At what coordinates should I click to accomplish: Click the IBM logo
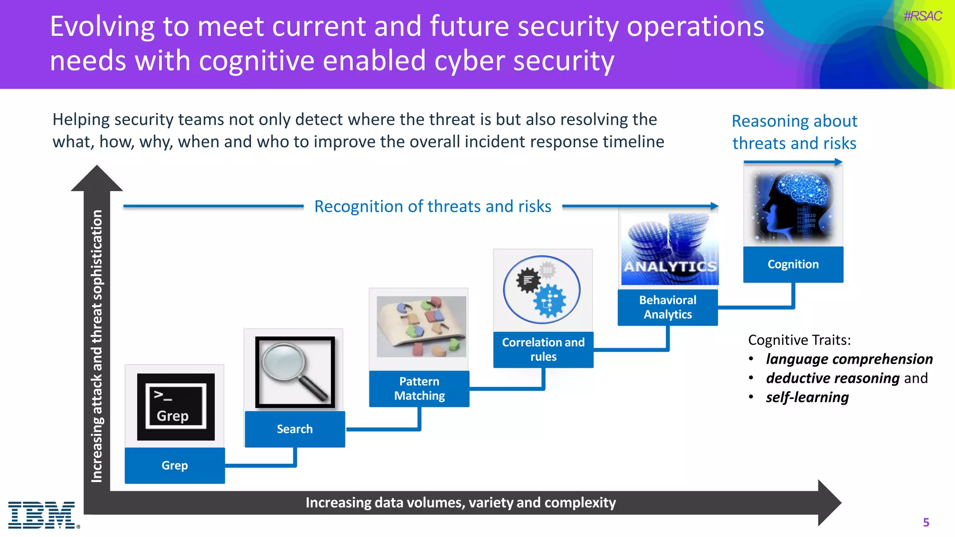click(42, 515)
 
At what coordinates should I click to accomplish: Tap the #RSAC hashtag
click(922, 16)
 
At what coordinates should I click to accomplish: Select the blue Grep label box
click(175, 465)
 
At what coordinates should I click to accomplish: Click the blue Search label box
click(295, 429)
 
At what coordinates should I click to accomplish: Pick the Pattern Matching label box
click(419, 388)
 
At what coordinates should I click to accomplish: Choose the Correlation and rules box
click(543, 349)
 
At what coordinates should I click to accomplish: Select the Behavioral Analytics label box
click(668, 307)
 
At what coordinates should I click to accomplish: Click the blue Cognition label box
click(793, 264)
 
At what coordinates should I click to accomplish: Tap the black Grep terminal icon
click(176, 406)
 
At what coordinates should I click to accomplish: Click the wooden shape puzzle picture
click(421, 326)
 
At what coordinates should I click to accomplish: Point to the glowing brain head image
click(793, 207)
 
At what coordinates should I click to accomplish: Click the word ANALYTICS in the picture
click(670, 267)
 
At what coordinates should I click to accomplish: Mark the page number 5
click(926, 523)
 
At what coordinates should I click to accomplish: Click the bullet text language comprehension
click(849, 359)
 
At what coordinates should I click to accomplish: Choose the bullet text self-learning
click(807, 397)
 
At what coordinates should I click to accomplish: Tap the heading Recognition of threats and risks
click(433, 206)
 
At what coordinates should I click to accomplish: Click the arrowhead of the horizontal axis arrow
click(829, 503)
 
